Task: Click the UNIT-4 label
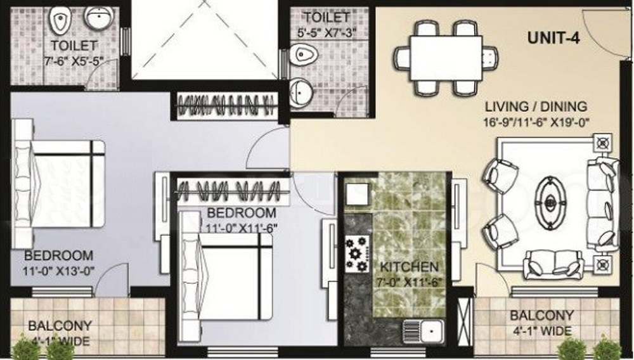(x=553, y=37)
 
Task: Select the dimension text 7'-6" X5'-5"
(x=74, y=62)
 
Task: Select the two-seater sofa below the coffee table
(x=553, y=263)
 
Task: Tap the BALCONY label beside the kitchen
(x=541, y=315)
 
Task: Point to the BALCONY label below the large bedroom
(x=60, y=325)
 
